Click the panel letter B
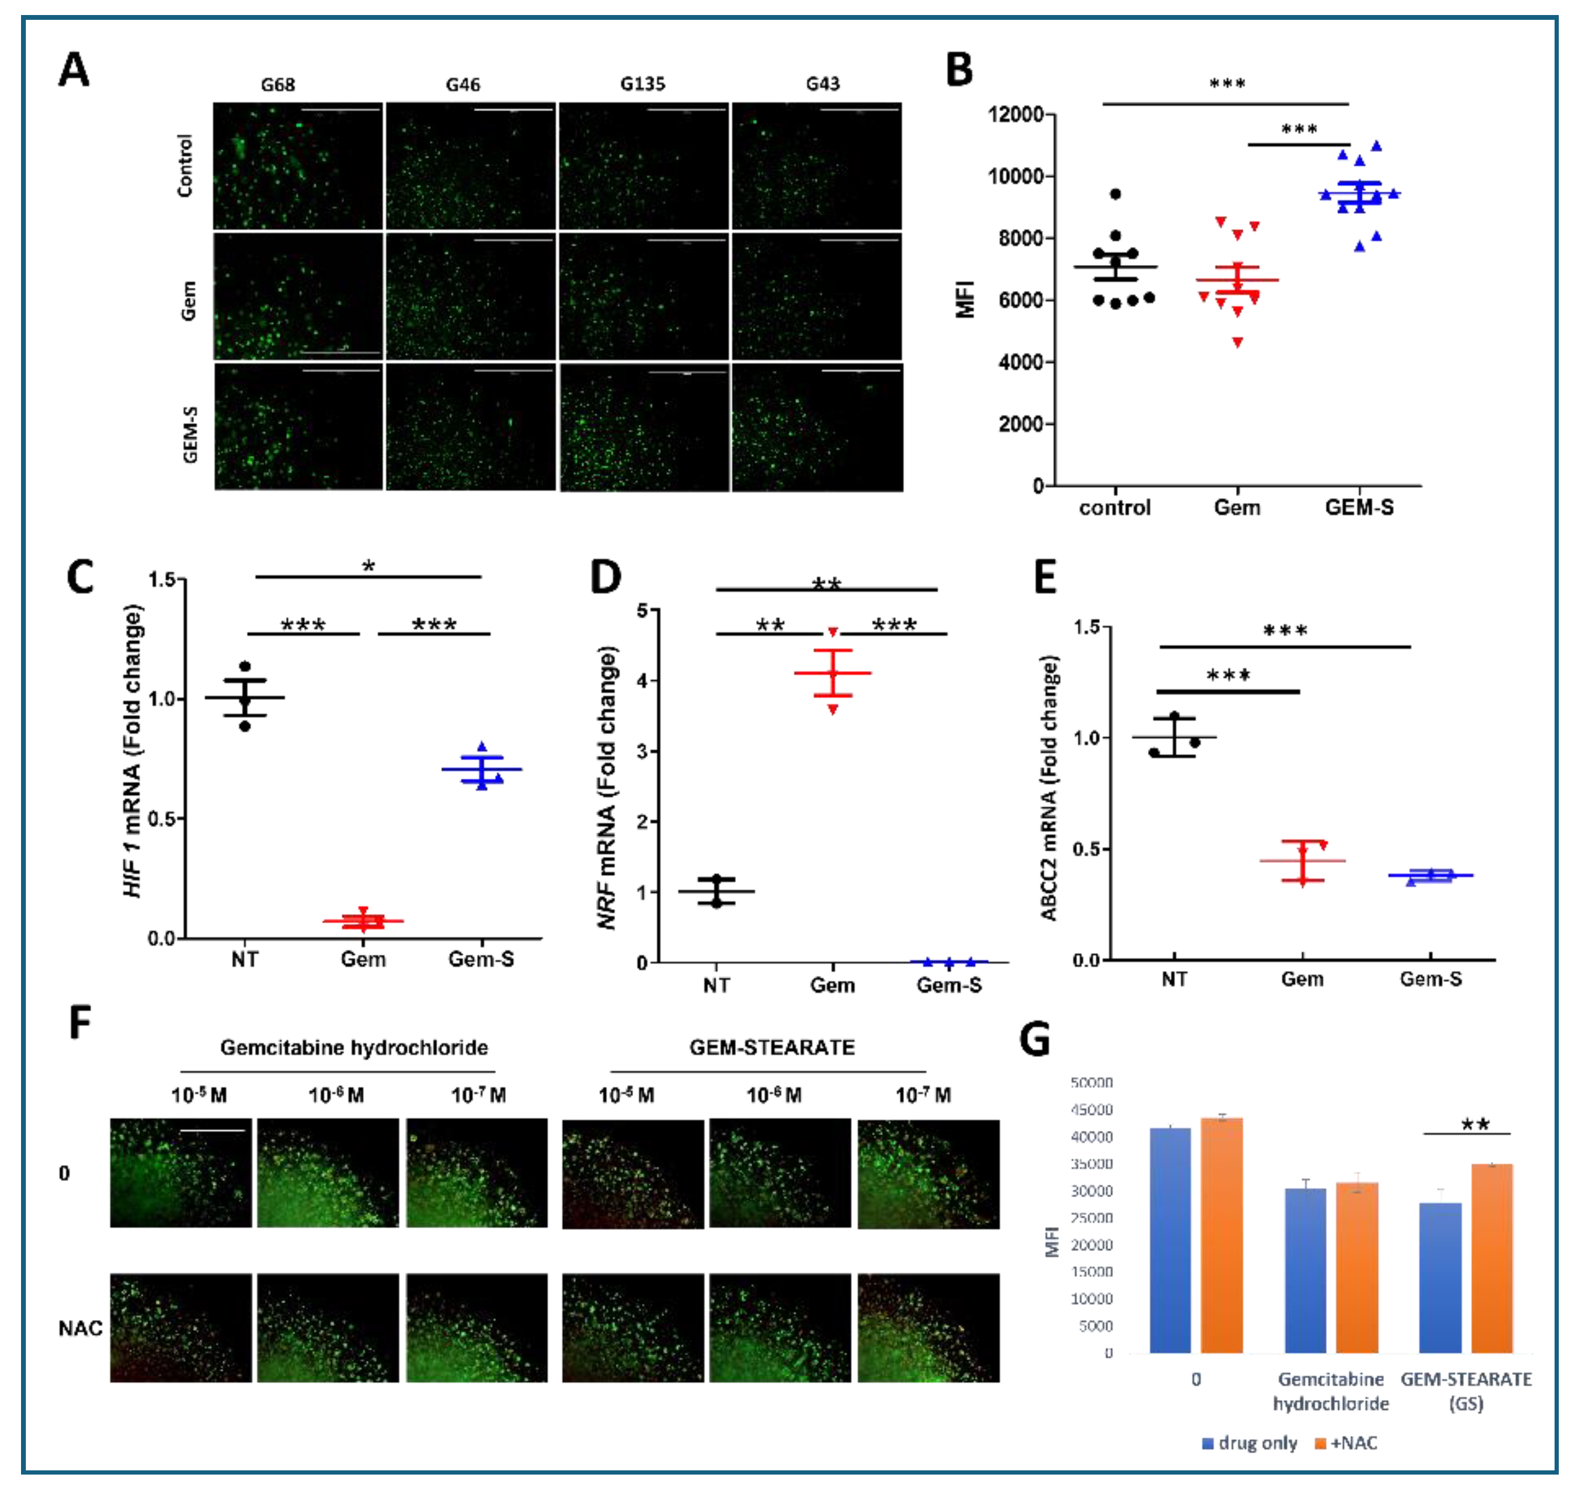959,70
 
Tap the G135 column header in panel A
643,84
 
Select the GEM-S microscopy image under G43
818,427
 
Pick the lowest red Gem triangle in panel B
1237,343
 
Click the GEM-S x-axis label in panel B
1359,507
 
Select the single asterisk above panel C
368,566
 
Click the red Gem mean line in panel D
833,673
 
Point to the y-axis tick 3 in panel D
642,751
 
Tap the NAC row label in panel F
80,1328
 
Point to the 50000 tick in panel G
1091,1083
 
